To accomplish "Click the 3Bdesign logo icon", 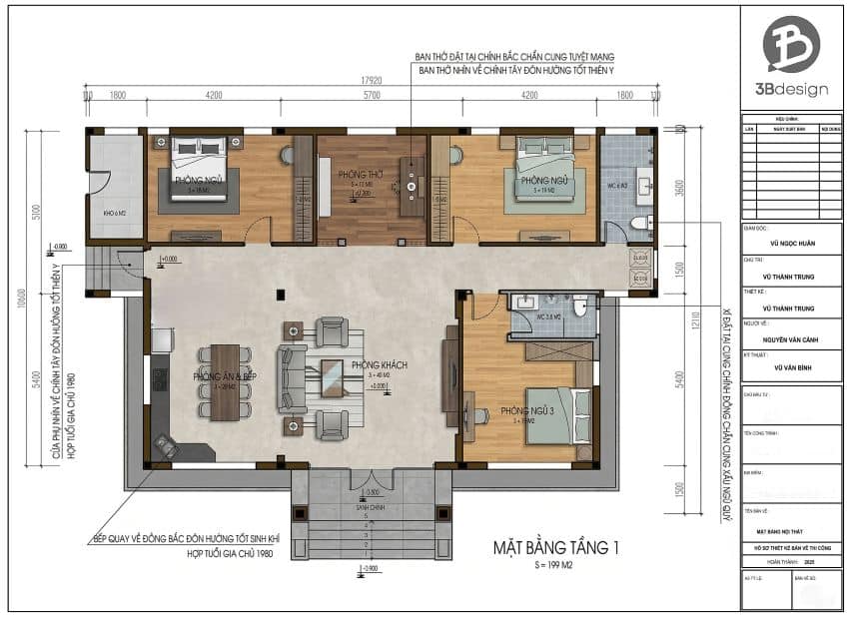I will [791, 44].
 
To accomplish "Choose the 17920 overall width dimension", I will [373, 82].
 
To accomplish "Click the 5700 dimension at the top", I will [373, 96].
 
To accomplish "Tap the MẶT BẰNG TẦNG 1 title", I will [556, 546].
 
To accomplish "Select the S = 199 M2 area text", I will [556, 565].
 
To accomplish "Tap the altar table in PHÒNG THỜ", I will [410, 186].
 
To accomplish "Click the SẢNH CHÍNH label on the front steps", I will [372, 507].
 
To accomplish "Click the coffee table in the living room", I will [332, 377].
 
